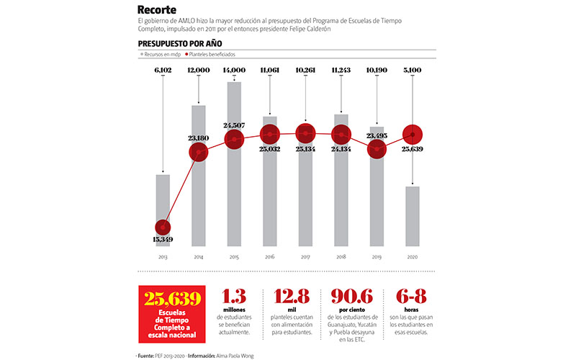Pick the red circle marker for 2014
[x=198, y=152]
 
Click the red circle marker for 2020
[x=412, y=135]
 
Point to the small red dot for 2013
[x=163, y=225]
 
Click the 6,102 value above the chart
[x=163, y=70]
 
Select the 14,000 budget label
[x=234, y=70]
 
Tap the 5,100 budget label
[x=412, y=70]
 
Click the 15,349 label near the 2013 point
[x=163, y=238]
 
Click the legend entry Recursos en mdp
[x=161, y=54]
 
